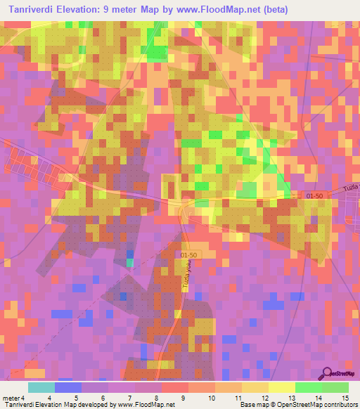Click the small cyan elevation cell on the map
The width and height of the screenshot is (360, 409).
click(x=129, y=262)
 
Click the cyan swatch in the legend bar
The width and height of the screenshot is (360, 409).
click(x=41, y=387)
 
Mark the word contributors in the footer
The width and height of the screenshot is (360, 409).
click(x=340, y=405)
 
